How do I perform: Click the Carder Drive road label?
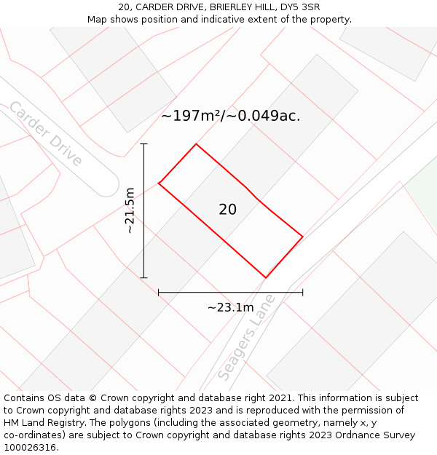tap(45, 133)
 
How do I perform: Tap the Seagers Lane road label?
tap(247, 336)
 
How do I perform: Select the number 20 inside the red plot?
tap(227, 210)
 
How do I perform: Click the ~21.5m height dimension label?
tap(130, 210)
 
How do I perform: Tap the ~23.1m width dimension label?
tap(230, 307)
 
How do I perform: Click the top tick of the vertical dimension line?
tap(144, 144)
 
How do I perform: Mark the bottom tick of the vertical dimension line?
tap(144, 277)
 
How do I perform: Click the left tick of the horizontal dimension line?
tap(159, 293)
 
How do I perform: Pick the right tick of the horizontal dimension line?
tap(302, 293)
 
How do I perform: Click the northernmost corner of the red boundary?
tap(196, 144)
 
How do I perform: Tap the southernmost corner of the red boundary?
tap(266, 277)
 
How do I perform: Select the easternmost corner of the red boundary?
tap(302, 237)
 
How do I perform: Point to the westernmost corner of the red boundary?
tap(159, 182)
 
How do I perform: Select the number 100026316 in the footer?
tap(30, 448)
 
